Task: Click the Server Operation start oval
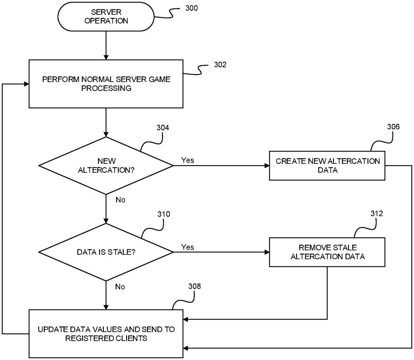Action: [106, 17]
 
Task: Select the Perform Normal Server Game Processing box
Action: [106, 84]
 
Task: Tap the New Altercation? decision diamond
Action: [106, 166]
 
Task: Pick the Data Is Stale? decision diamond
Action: [106, 252]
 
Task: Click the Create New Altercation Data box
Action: [327, 166]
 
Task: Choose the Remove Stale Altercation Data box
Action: [327, 252]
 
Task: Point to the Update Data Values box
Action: [106, 333]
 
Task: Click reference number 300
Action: [191, 8]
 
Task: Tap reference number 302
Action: [220, 64]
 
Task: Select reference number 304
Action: [163, 128]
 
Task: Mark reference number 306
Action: [393, 127]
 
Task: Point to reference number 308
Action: [195, 286]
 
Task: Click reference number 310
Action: [164, 214]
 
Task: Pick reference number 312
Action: [376, 214]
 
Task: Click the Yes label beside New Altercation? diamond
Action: [188, 160]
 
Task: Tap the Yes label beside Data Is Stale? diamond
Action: [188, 247]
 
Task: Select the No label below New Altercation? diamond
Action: [120, 200]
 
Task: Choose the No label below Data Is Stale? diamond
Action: [120, 287]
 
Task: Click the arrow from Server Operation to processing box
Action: [106, 45]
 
